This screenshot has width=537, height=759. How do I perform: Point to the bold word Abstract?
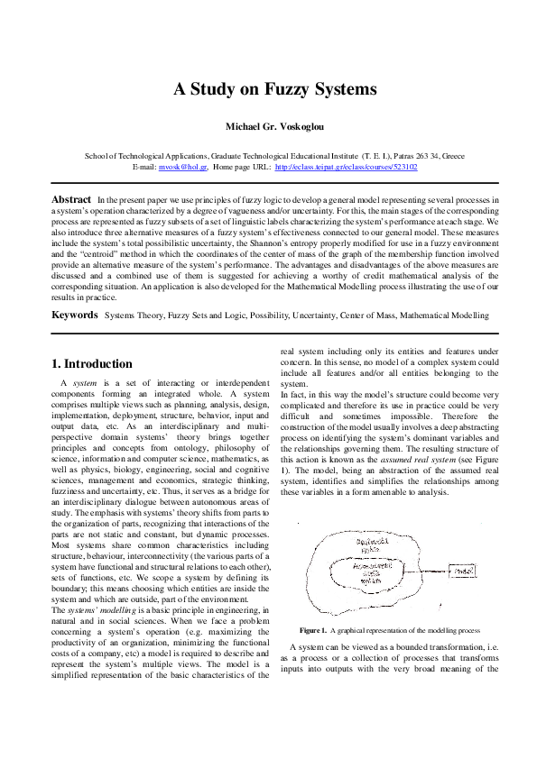71,198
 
